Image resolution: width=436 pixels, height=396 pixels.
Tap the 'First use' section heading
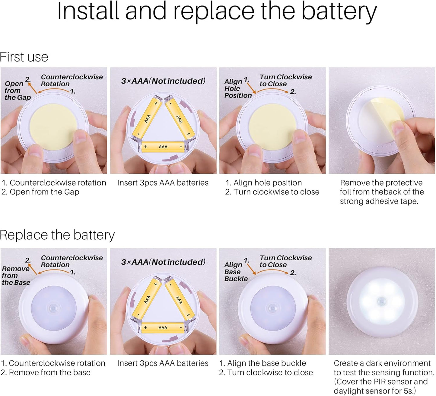[x=24, y=57]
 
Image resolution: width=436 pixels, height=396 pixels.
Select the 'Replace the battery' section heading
[x=57, y=235]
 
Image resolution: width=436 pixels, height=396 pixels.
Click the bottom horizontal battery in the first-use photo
[x=163, y=147]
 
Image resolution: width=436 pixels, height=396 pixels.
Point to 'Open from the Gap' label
[x=18, y=91]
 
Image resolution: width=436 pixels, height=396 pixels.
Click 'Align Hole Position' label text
[x=238, y=88]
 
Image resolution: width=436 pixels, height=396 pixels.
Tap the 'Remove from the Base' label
[x=16, y=275]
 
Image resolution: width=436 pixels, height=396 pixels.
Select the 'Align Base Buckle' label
[x=236, y=272]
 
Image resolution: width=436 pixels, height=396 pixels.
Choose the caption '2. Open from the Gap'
[x=40, y=192]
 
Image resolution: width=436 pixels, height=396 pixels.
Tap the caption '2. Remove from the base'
[x=45, y=372]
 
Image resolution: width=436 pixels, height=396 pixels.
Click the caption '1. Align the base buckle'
[x=263, y=363]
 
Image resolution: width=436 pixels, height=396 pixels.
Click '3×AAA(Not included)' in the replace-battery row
[x=163, y=262]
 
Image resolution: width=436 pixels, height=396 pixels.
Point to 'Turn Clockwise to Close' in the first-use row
[x=286, y=80]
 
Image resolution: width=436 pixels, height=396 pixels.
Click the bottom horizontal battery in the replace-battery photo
[x=163, y=328]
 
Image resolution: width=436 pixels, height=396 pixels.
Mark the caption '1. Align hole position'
[x=264, y=183]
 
